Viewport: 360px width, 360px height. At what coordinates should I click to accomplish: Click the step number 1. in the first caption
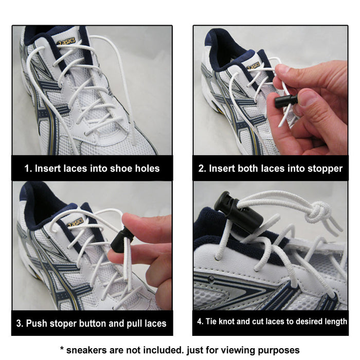pyautogui.click(x=29, y=168)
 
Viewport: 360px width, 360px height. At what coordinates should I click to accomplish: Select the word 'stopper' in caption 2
pyautogui.click(x=325, y=168)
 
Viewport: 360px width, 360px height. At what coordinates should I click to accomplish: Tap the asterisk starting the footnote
pyautogui.click(x=63, y=349)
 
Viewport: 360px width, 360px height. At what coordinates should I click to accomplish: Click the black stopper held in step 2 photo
pyautogui.click(x=286, y=100)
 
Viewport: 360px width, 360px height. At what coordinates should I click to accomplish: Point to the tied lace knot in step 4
pyautogui.click(x=318, y=211)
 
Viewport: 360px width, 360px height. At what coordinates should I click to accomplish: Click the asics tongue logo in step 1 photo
pyautogui.click(x=66, y=41)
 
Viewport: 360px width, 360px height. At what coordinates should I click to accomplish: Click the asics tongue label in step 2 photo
pyautogui.click(x=253, y=65)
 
